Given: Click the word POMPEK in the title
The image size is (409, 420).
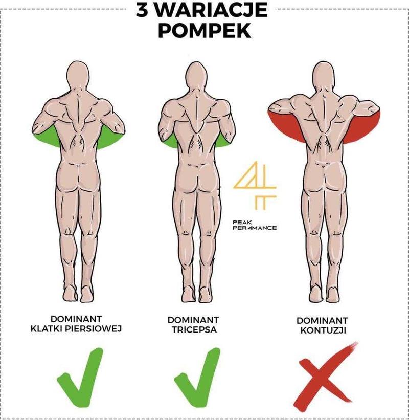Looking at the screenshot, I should click(x=204, y=31).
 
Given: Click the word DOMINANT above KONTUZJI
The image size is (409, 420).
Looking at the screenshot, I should click(x=323, y=321).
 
